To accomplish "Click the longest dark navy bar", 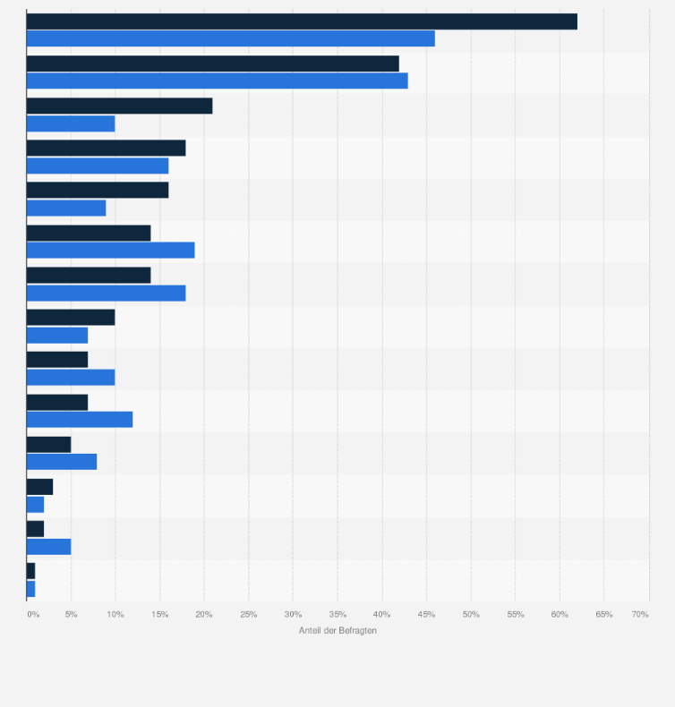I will [x=302, y=21].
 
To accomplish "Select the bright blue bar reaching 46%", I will [x=231, y=38].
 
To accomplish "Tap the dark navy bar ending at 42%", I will [x=213, y=64].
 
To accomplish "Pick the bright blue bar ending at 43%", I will [x=218, y=81].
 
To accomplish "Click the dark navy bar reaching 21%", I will [x=120, y=106].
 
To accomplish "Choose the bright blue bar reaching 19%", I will [x=111, y=251].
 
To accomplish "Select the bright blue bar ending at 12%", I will [x=80, y=419].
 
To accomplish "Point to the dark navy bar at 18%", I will [x=107, y=149].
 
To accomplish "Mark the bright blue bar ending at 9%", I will [x=66, y=208].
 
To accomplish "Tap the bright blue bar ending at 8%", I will [x=62, y=462].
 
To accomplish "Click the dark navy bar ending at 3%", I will [x=40, y=487].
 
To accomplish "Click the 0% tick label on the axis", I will [x=33, y=615].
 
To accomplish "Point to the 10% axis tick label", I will [x=115, y=615].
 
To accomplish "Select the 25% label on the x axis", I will [x=249, y=615].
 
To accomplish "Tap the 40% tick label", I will [x=382, y=615].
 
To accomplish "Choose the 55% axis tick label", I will [x=516, y=615].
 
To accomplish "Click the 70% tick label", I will [x=640, y=615].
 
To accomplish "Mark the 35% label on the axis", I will [x=337, y=615].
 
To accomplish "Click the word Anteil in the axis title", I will [x=310, y=631].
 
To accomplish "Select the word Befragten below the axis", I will [x=357, y=631].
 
